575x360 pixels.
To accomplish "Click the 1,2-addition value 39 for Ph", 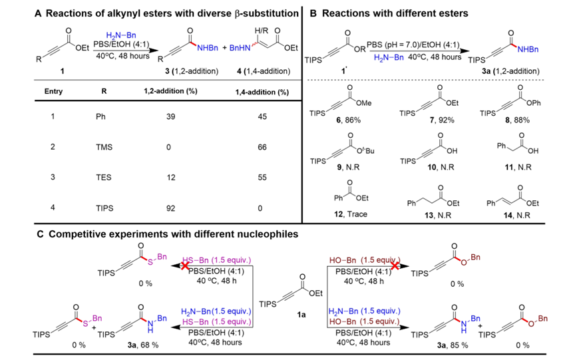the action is (x=170, y=116).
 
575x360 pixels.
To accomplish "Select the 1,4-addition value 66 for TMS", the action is (x=262, y=147).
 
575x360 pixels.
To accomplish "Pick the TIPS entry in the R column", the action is (x=104, y=208).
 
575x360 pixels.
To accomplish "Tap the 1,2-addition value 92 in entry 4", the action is (x=170, y=208).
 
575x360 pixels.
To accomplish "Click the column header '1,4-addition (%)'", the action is (x=262, y=92).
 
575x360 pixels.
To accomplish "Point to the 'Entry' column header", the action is (x=53, y=91).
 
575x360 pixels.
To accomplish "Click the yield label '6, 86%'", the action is (x=348, y=120).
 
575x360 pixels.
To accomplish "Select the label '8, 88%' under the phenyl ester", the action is (x=517, y=120).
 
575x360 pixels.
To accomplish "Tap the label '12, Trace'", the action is (x=351, y=214).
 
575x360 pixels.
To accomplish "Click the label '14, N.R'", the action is (x=517, y=216).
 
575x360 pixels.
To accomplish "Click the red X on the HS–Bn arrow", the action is (x=185, y=266).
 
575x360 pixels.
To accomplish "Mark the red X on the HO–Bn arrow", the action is (x=395, y=266).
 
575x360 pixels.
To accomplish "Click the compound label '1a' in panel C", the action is (x=301, y=315).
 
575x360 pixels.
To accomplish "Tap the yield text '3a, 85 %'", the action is (x=453, y=345).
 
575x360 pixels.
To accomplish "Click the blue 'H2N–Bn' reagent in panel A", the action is (x=121, y=35).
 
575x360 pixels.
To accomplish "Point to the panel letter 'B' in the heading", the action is (x=313, y=13).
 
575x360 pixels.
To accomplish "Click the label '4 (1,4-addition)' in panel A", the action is (x=264, y=71).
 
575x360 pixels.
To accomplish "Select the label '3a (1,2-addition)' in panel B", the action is (x=510, y=71).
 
